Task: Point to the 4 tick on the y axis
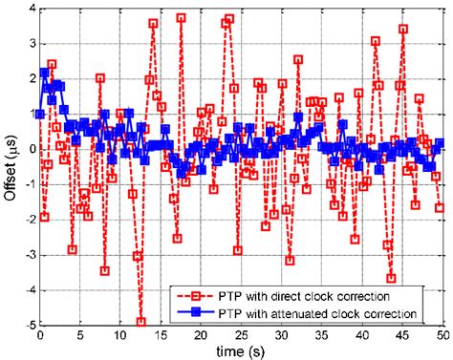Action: [31, 9]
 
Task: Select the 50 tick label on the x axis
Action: [442, 336]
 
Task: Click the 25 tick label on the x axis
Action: [240, 336]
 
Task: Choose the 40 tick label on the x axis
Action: [361, 336]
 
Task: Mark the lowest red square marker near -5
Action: [140, 322]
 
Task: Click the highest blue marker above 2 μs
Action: [45, 73]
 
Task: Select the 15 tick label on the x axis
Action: [160, 336]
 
